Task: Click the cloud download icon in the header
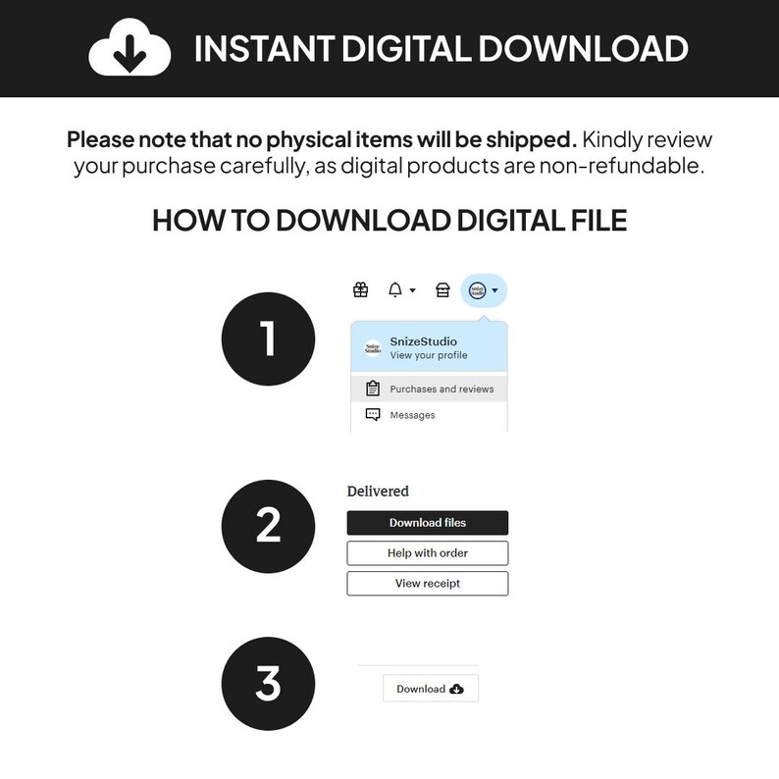click(130, 48)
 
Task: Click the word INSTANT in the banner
click(264, 49)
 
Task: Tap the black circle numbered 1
click(268, 338)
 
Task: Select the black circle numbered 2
click(268, 526)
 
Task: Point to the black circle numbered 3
click(268, 684)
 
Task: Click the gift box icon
click(361, 289)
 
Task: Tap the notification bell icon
click(395, 289)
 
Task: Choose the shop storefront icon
click(442, 289)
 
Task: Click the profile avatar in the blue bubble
click(478, 290)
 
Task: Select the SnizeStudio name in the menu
click(423, 341)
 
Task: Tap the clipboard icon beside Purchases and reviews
click(373, 388)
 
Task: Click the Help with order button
click(428, 553)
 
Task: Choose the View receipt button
click(428, 583)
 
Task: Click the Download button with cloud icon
click(431, 688)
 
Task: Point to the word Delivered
click(378, 492)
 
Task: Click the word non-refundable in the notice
click(621, 166)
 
